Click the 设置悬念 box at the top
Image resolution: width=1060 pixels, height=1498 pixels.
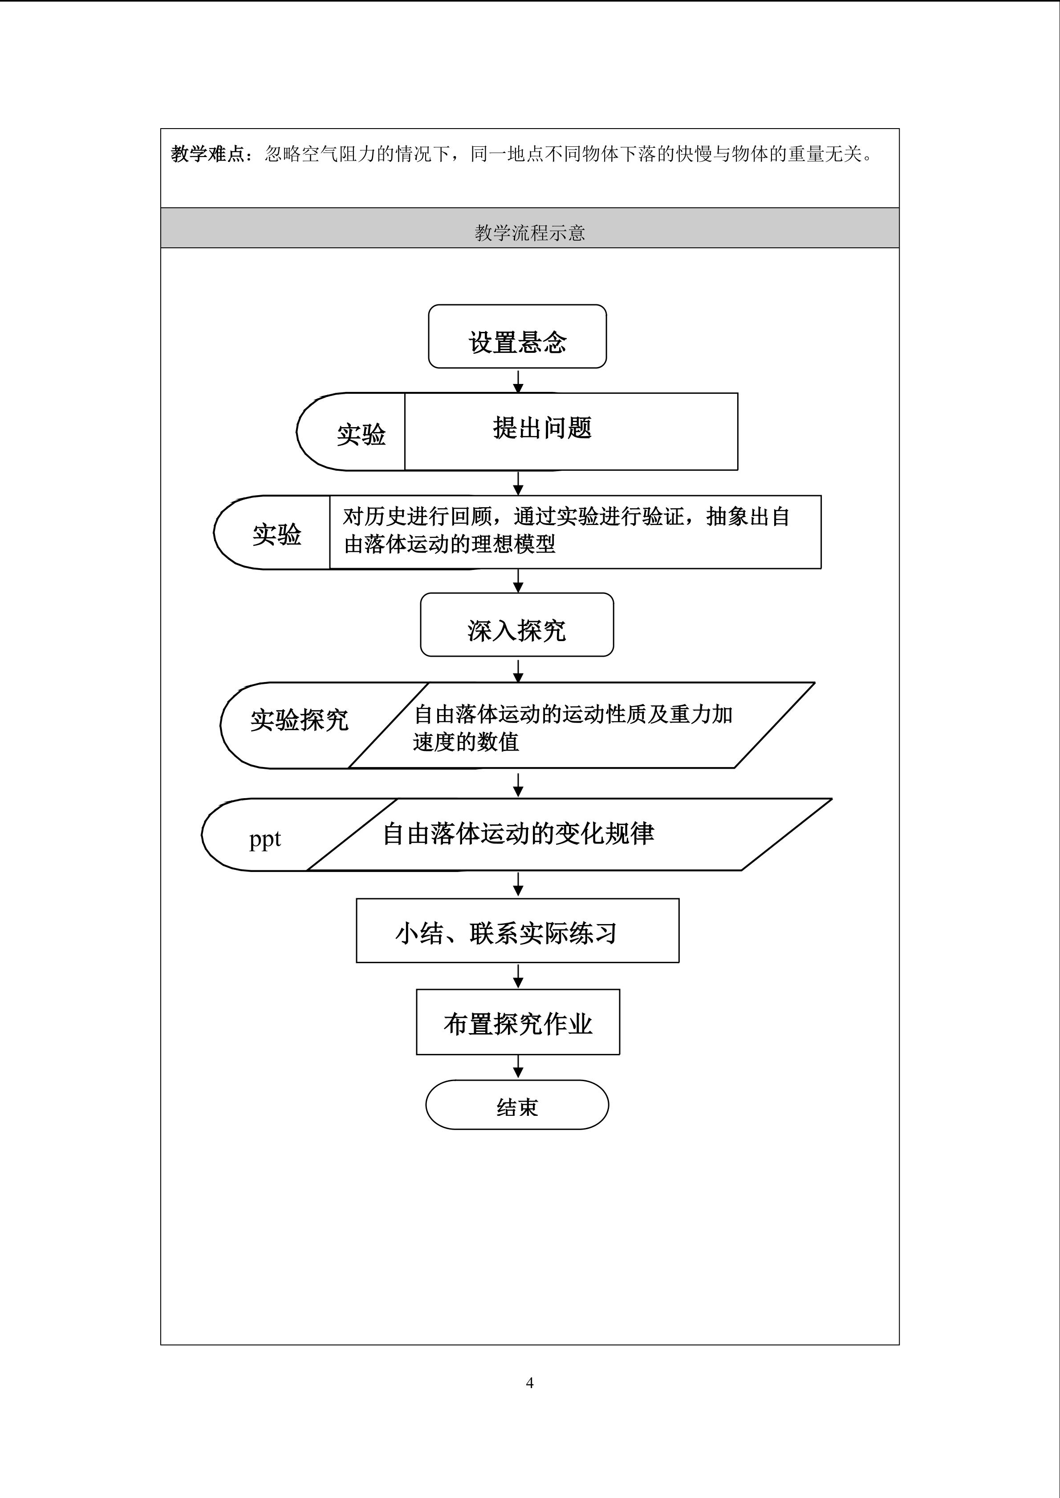517,336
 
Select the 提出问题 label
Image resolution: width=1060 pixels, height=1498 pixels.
542,428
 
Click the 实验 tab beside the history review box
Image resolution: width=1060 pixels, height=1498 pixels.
272,533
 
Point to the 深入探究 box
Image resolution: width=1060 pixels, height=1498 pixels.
517,624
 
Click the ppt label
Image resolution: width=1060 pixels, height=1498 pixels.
264,839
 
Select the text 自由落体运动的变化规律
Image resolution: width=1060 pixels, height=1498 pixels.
518,833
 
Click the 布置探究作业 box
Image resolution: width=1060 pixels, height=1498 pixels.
518,1022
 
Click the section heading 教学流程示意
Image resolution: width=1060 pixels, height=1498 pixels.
530,232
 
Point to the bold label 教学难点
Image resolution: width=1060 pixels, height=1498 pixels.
207,154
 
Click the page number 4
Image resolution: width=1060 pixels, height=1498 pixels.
529,1382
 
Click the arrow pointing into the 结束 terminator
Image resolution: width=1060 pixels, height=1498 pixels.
518,1067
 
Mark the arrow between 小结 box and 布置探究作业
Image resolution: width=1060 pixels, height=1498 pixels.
518,976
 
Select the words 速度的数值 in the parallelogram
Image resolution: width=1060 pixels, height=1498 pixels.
465,742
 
